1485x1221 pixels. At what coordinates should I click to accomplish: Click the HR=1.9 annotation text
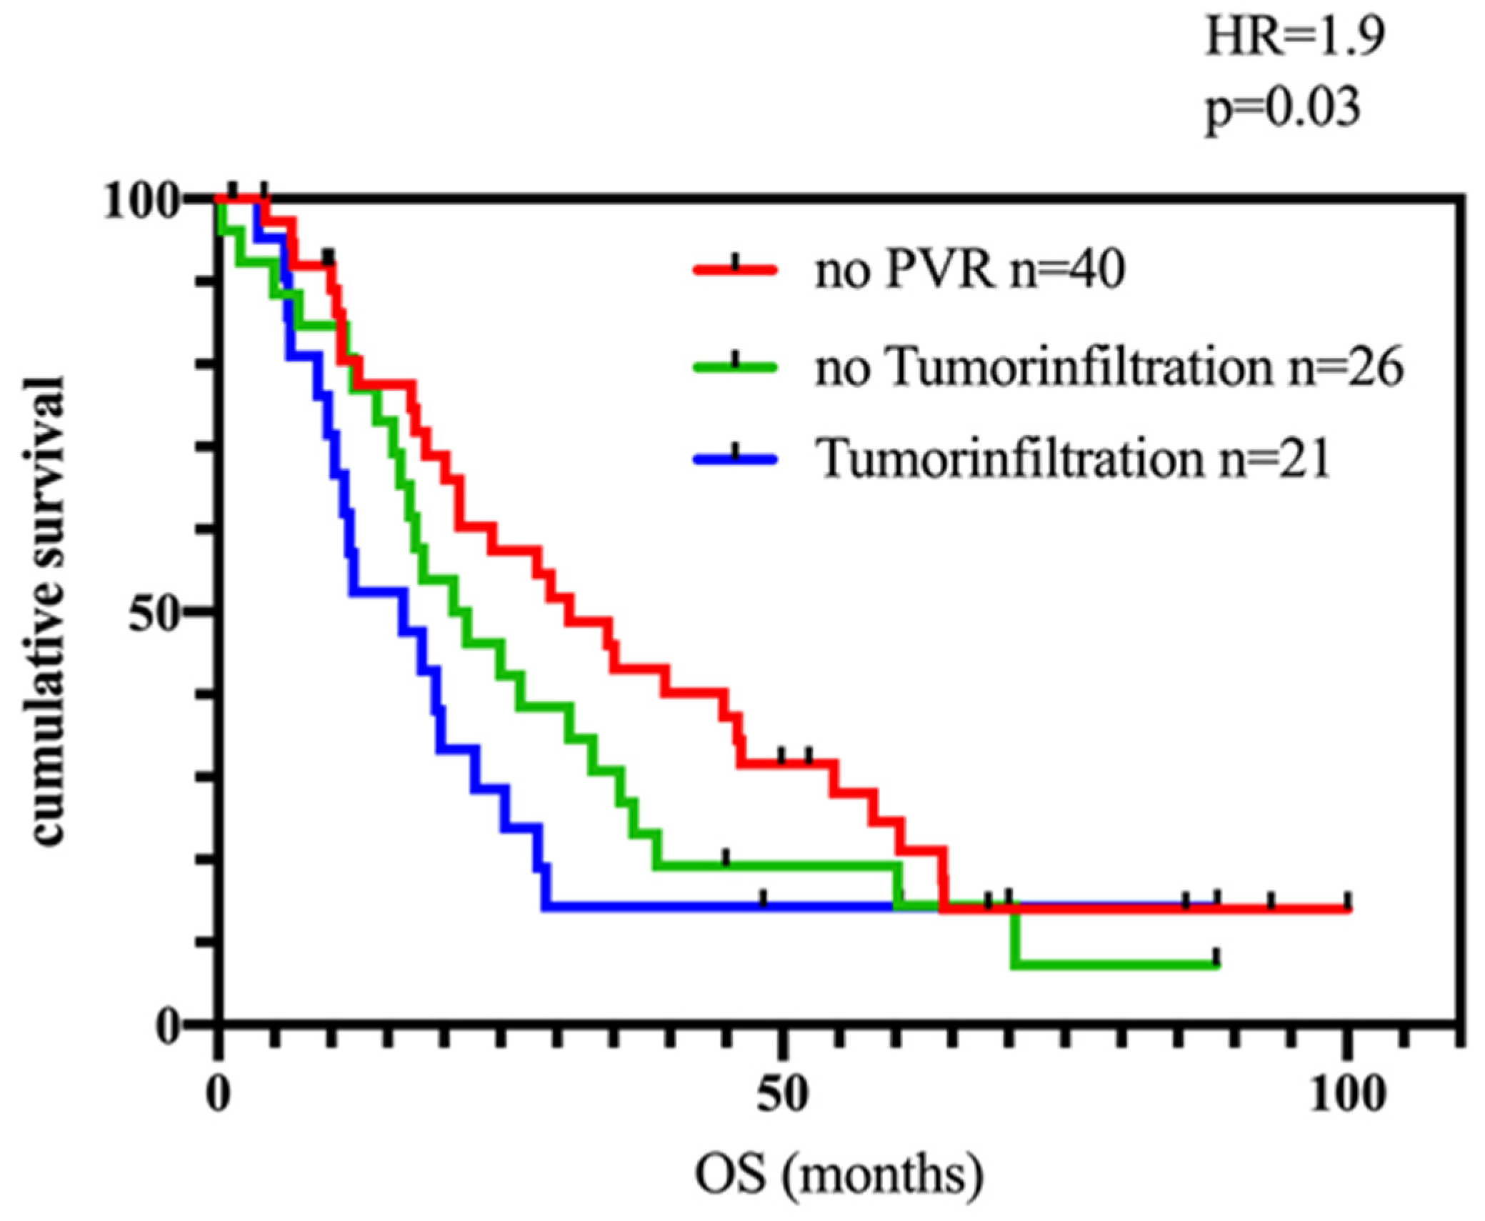[1294, 37]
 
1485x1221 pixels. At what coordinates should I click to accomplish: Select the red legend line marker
[734, 269]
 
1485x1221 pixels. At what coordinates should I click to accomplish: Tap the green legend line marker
[734, 367]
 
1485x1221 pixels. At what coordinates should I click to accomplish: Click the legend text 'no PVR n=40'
[970, 270]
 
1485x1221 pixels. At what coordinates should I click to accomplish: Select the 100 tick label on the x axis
[1346, 1094]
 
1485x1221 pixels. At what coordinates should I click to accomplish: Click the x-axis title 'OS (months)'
[839, 1175]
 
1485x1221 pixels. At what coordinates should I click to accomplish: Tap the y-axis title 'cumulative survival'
[49, 611]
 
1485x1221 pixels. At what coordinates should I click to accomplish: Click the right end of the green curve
[1216, 965]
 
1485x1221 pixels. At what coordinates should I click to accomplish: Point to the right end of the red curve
[1348, 909]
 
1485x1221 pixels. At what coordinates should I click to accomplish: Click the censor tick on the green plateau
[726, 858]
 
